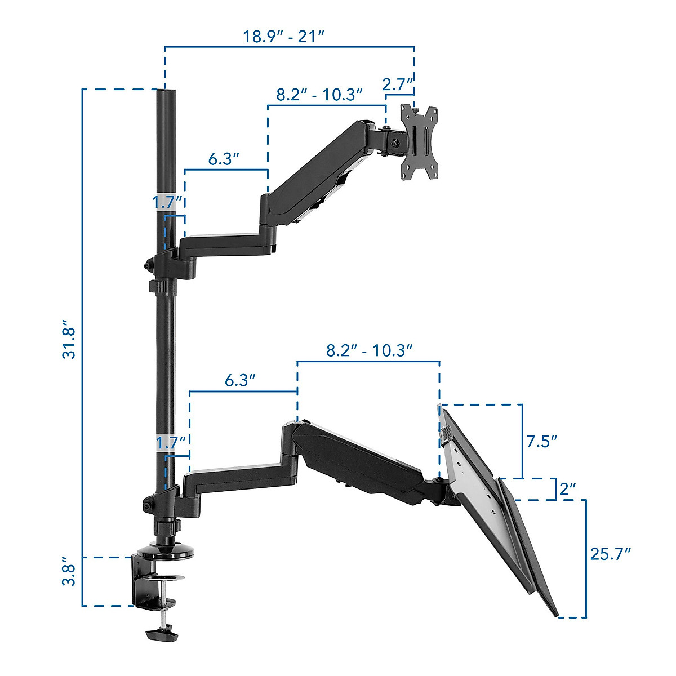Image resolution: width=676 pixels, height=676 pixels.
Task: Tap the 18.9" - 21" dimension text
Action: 284,37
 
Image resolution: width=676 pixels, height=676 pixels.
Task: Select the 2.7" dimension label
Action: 399,85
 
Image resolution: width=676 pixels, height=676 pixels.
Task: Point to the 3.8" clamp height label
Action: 69,571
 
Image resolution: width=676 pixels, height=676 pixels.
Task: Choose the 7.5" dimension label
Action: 541,441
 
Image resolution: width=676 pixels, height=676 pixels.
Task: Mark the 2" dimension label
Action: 567,489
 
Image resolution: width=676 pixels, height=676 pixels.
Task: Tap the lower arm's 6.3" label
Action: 241,381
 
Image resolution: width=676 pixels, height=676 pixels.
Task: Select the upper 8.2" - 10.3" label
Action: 319,95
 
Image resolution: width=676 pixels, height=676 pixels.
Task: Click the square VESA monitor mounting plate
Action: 419,143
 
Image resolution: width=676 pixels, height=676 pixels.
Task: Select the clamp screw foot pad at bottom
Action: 162,634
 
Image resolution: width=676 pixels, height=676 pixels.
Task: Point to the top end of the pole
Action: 166,93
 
